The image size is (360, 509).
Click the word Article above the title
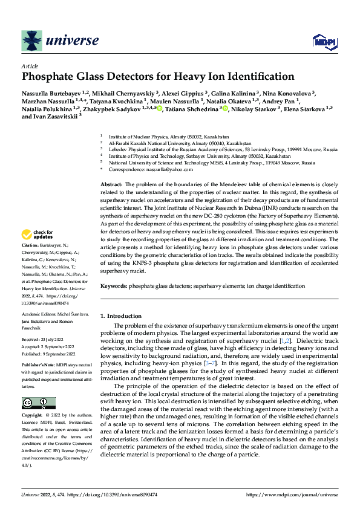coord(30,66)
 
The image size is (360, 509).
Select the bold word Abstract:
coord(111,184)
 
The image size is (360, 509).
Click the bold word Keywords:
coord(113,285)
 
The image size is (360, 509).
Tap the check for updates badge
coord(38,235)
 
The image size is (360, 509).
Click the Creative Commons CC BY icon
coord(38,403)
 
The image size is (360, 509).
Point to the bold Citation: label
coord(30,246)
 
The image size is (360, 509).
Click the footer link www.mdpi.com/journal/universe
coord(292,495)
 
